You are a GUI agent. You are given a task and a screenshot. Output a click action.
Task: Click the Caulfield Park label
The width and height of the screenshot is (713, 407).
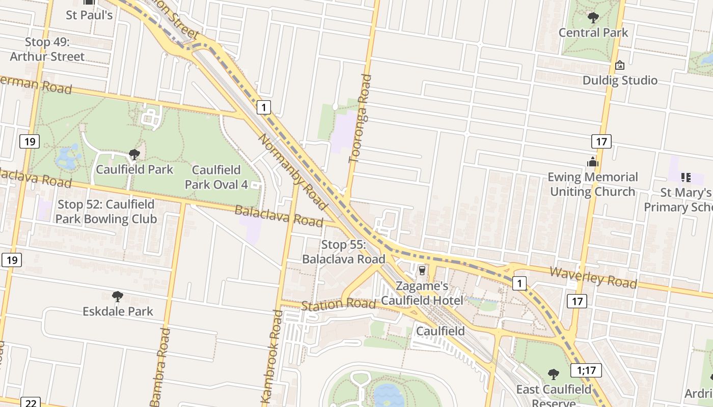pyautogui.click(x=134, y=169)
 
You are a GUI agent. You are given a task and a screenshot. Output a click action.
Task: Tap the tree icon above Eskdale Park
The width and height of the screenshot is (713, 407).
pyautogui.click(x=118, y=297)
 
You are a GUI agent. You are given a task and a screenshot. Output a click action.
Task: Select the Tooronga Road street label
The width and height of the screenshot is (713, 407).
pyautogui.click(x=361, y=119)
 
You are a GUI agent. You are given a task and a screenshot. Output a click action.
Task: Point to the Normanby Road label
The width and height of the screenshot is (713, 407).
pyautogui.click(x=293, y=171)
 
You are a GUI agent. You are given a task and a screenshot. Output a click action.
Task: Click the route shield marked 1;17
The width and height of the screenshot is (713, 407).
pyautogui.click(x=586, y=370)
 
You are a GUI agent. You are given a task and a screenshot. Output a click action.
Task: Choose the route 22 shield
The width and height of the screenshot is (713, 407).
pyautogui.click(x=31, y=402)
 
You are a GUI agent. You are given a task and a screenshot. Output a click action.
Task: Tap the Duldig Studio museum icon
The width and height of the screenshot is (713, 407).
pyautogui.click(x=620, y=65)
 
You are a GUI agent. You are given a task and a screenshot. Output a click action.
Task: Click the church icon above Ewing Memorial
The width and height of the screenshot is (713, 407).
pyautogui.click(x=592, y=162)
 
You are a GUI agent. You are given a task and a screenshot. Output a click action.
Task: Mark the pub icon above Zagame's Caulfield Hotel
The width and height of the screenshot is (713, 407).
pyautogui.click(x=422, y=271)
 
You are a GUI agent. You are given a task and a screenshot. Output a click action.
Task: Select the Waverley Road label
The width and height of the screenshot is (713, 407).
pyautogui.click(x=593, y=277)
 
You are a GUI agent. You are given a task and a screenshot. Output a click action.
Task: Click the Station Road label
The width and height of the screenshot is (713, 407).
pyautogui.click(x=338, y=305)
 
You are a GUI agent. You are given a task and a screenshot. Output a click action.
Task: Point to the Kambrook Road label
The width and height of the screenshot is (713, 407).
pyautogui.click(x=271, y=356)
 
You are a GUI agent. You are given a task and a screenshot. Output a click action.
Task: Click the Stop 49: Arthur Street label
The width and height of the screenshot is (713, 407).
pyautogui.click(x=47, y=49)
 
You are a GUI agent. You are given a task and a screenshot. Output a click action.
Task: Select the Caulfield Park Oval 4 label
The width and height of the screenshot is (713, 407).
pyautogui.click(x=216, y=177)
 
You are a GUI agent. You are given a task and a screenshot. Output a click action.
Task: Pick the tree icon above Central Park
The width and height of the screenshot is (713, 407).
pyautogui.click(x=593, y=18)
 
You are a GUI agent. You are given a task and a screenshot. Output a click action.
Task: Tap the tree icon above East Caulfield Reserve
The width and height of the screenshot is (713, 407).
pyautogui.click(x=554, y=374)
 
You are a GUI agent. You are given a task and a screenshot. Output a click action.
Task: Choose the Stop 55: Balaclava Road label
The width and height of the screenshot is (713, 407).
pyautogui.click(x=343, y=252)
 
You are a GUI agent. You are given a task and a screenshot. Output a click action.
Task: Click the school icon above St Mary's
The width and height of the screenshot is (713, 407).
pyautogui.click(x=685, y=178)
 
